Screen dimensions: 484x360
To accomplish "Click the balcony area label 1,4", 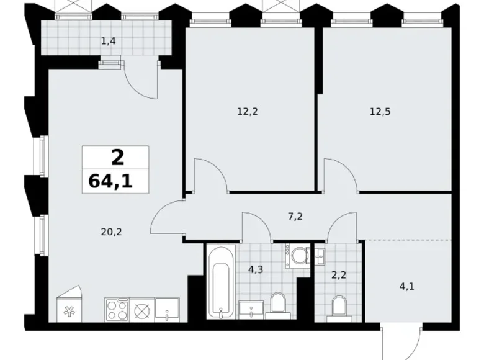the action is click(x=109, y=41).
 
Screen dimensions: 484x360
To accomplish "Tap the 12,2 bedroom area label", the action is click(x=247, y=111).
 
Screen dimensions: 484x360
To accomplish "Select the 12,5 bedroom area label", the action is click(x=380, y=111).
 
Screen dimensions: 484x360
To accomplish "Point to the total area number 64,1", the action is click(x=110, y=181).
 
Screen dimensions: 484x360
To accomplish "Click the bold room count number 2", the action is click(x=117, y=158).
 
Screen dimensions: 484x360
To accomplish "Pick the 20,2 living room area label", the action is click(x=111, y=232).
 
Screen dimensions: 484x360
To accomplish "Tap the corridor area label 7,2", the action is click(x=295, y=217).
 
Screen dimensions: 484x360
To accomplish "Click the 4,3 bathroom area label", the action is click(x=256, y=269).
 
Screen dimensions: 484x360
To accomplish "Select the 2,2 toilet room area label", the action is click(x=339, y=274).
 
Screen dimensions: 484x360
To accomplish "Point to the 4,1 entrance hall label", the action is click(x=407, y=287).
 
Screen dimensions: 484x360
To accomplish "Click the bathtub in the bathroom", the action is click(x=221, y=282).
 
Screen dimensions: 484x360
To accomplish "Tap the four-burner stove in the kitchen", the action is click(x=117, y=310).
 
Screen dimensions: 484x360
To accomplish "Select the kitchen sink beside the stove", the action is click(x=167, y=310).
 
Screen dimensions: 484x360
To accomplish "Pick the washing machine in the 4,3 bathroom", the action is click(x=298, y=255).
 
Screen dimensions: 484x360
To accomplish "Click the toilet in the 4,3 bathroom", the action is click(x=278, y=305).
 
